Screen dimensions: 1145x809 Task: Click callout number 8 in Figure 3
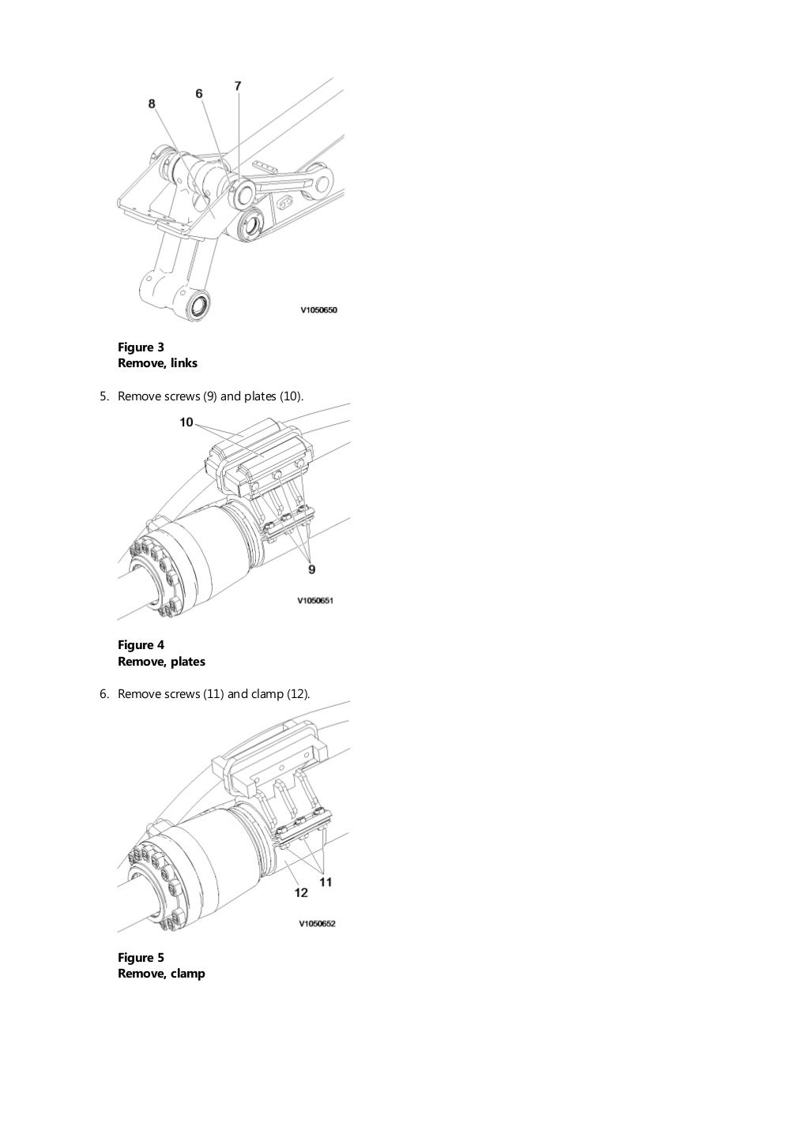click(x=152, y=103)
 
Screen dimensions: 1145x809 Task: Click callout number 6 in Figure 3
click(x=199, y=93)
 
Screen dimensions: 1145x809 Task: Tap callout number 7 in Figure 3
click(x=238, y=85)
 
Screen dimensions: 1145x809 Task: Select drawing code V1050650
click(x=318, y=310)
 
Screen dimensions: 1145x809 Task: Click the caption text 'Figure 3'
click(x=141, y=347)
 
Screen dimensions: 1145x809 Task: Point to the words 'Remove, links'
click(x=157, y=363)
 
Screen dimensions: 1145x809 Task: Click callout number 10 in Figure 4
click(x=186, y=422)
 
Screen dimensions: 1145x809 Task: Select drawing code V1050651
click(x=316, y=601)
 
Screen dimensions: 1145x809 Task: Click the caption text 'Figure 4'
click(x=141, y=645)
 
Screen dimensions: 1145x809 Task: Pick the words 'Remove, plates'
click(x=161, y=662)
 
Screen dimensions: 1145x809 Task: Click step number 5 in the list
click(x=103, y=396)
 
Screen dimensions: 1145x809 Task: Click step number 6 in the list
click(x=103, y=694)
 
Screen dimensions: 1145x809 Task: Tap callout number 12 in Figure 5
click(x=300, y=893)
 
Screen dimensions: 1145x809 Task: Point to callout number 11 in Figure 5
click(x=325, y=882)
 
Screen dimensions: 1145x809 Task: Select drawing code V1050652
click(x=317, y=923)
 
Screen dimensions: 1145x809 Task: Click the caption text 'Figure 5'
click(x=141, y=958)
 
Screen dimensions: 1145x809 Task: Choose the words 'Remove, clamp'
click(x=161, y=974)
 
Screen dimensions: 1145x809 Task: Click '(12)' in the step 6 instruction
click(x=298, y=694)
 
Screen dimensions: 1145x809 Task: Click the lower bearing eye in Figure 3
click(x=200, y=304)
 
